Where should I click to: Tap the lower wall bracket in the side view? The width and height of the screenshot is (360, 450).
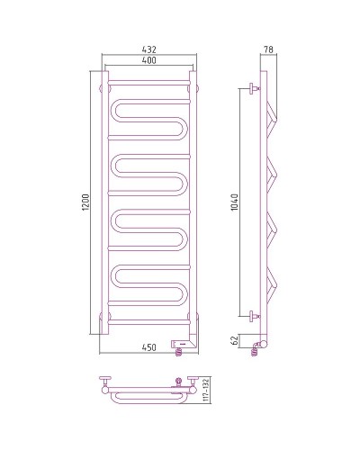click(x=252, y=315)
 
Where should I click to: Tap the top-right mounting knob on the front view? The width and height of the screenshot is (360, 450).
click(x=196, y=87)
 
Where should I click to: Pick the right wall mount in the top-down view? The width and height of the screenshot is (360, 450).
click(x=188, y=382)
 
